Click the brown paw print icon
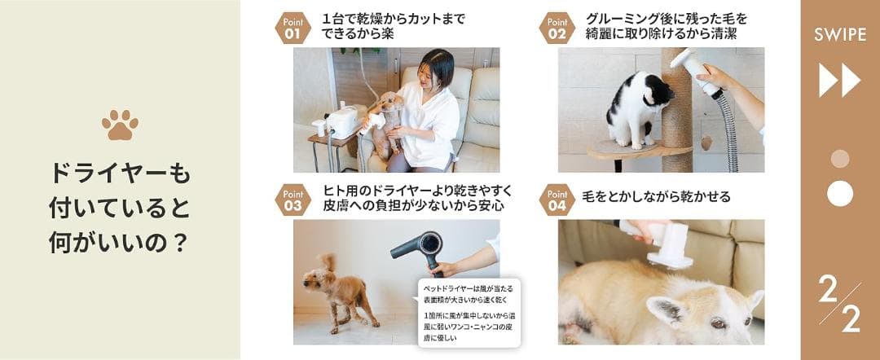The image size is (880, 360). point(120,125)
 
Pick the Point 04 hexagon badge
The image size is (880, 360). point(557,200)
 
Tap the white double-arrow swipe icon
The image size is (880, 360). point(839,81)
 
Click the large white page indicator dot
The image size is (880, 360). point(839,193)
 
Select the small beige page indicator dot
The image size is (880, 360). point(839,159)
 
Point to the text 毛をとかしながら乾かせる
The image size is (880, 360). point(657,196)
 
